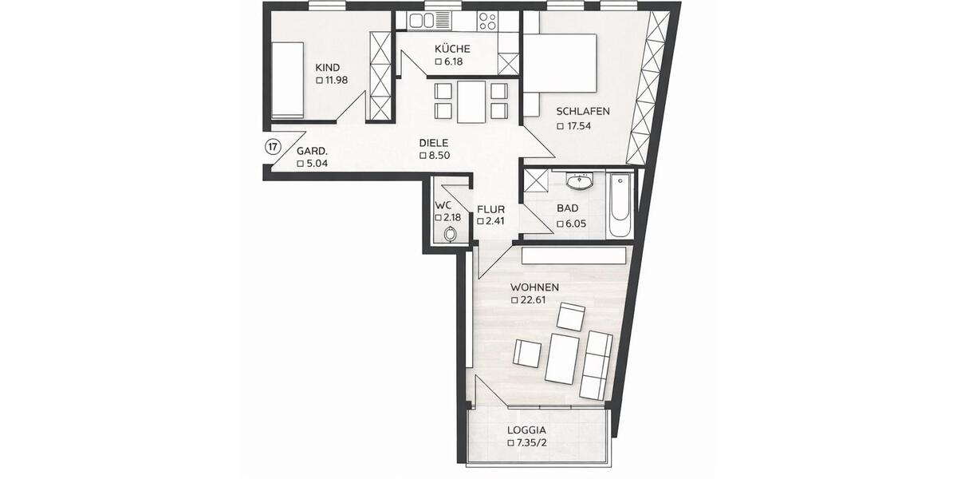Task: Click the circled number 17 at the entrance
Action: (x=273, y=147)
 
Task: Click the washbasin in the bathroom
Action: (x=581, y=183)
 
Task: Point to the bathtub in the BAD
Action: (x=620, y=205)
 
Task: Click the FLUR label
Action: (x=490, y=210)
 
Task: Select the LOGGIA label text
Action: (x=526, y=430)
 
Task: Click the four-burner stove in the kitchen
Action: (x=487, y=22)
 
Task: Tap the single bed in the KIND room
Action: (x=286, y=80)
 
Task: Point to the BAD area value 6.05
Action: (x=576, y=224)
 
